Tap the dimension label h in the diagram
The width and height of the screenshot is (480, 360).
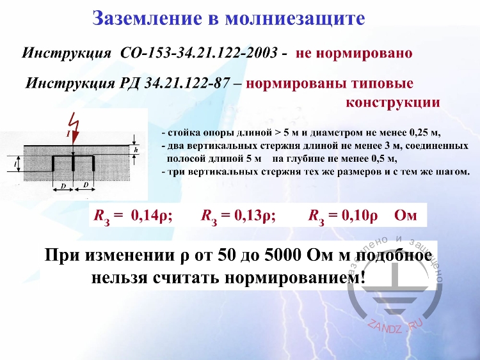136,148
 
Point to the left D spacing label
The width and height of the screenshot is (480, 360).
63,186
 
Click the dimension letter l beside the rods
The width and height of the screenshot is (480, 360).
14,164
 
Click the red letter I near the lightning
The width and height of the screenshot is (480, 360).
68,134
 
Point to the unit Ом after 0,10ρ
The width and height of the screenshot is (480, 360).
406,215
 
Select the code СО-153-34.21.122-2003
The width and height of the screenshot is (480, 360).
199,52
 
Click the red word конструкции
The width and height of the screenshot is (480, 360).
392,102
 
